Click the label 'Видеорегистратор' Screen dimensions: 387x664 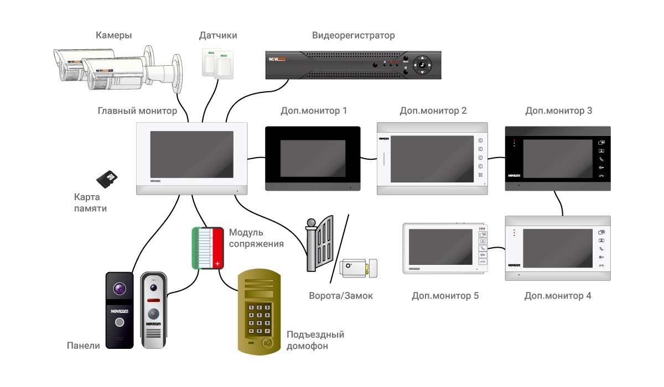coord(354,36)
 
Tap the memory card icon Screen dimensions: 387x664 coord(108,177)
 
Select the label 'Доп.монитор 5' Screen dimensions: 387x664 coord(445,296)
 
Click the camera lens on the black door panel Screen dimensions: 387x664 coord(120,289)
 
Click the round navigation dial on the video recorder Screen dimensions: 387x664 coord(423,65)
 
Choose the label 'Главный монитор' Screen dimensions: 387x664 coord(137,111)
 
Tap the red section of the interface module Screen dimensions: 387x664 coord(217,247)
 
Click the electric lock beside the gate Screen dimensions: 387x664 coord(359,269)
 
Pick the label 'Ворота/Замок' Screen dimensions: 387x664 coord(341,296)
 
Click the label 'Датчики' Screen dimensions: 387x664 coord(218,36)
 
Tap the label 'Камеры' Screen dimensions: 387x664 coord(113,36)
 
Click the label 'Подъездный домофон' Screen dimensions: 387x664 coord(315,340)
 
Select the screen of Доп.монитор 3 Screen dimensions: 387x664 coord(558,158)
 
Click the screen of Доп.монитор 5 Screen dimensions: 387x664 coord(440,247)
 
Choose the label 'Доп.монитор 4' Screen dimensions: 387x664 coord(558,296)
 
